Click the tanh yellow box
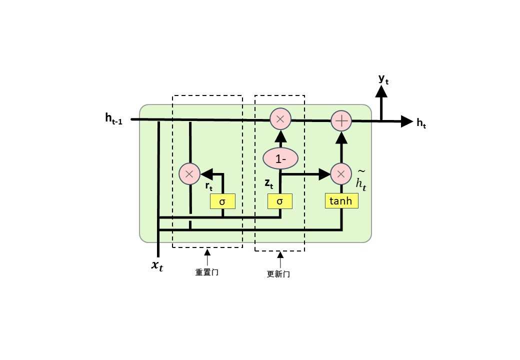click(341, 201)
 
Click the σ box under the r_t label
click(222, 201)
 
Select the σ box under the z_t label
click(280, 201)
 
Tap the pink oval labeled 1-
click(280, 158)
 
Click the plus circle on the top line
click(342, 120)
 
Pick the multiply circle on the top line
click(280, 119)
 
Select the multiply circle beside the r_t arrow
click(189, 174)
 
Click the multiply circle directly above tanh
click(341, 174)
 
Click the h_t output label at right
click(421, 123)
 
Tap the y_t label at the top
click(383, 78)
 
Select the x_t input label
click(157, 265)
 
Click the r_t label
click(209, 186)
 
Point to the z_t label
click(269, 183)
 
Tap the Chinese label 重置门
click(207, 272)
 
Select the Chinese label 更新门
click(279, 274)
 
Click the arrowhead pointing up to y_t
click(381, 91)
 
